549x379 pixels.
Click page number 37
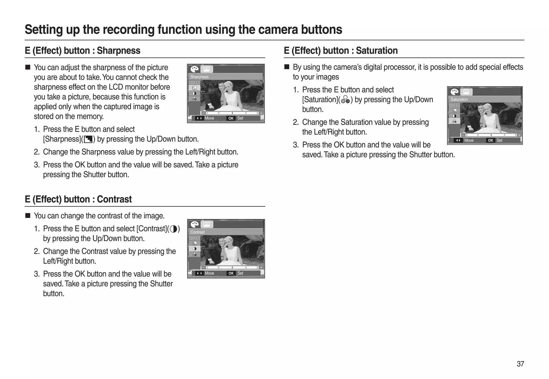pyautogui.click(x=520, y=364)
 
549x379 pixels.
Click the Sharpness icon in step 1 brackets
pyautogui.click(x=88, y=139)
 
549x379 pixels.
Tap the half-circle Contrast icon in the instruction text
pyautogui.click(x=173, y=229)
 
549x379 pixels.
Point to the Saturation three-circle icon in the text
pyautogui.click(x=346, y=100)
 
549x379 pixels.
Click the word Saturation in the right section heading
pyautogui.click(x=377, y=51)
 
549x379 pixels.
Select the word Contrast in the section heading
pyautogui.click(x=114, y=199)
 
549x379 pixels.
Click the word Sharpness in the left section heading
pyautogui.click(x=118, y=51)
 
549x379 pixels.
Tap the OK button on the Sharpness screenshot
pyautogui.click(x=231, y=118)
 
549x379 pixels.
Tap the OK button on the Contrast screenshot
pyautogui.click(x=231, y=273)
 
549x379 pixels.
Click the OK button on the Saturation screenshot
pyautogui.click(x=490, y=141)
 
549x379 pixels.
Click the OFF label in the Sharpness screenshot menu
pyautogui.click(x=194, y=83)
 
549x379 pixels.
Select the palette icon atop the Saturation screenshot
pyautogui.click(x=454, y=92)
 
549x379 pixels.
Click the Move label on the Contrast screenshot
pyautogui.click(x=209, y=273)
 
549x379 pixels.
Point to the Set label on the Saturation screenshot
pyautogui.click(x=499, y=141)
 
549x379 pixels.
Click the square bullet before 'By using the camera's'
pyautogui.click(x=287, y=67)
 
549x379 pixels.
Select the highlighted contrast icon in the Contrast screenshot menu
pyautogui.click(x=195, y=249)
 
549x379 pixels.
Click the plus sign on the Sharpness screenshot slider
pyautogui.click(x=261, y=113)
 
